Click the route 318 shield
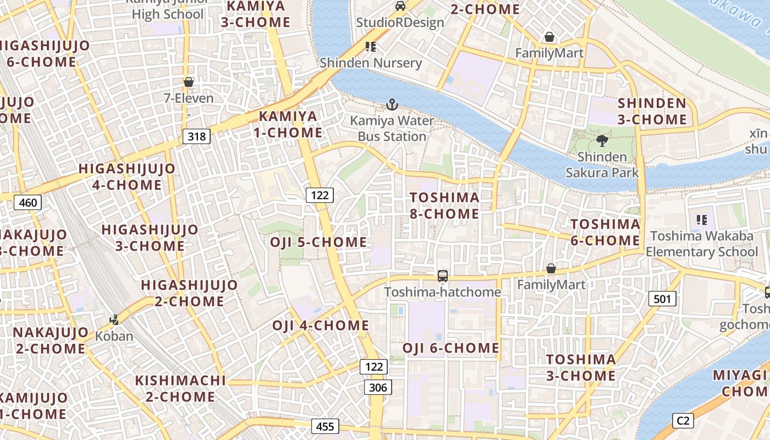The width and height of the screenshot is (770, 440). pyautogui.click(x=196, y=136)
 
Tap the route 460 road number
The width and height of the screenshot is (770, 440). pyautogui.click(x=28, y=203)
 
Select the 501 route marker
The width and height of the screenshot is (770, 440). pyautogui.click(x=662, y=299)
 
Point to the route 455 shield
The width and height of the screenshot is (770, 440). pyautogui.click(x=325, y=426)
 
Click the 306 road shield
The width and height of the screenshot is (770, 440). pyautogui.click(x=378, y=388)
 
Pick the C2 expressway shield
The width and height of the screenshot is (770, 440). pyautogui.click(x=683, y=421)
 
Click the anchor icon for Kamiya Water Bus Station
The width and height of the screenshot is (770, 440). pyautogui.click(x=392, y=104)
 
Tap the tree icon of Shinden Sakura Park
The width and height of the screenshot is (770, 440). pyautogui.click(x=602, y=140)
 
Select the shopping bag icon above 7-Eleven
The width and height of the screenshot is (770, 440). pyautogui.click(x=189, y=82)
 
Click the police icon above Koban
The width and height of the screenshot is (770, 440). pyautogui.click(x=114, y=320)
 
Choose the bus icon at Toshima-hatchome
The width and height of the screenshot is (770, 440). pyautogui.click(x=442, y=276)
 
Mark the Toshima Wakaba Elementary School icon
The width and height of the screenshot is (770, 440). pyautogui.click(x=701, y=220)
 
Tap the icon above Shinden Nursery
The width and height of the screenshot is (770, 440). pyautogui.click(x=371, y=47)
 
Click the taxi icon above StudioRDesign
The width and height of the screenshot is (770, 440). pyautogui.click(x=400, y=6)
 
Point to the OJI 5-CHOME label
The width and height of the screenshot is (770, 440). pyautogui.click(x=318, y=242)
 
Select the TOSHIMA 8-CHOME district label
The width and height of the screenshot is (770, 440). pyautogui.click(x=444, y=206)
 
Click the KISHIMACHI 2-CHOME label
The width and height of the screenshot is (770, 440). pyautogui.click(x=180, y=388)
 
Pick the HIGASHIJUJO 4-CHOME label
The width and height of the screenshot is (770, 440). pyautogui.click(x=127, y=177)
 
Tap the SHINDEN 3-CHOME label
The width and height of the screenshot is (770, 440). pyautogui.click(x=652, y=111)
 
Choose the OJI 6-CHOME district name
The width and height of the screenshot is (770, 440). pyautogui.click(x=450, y=348)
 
